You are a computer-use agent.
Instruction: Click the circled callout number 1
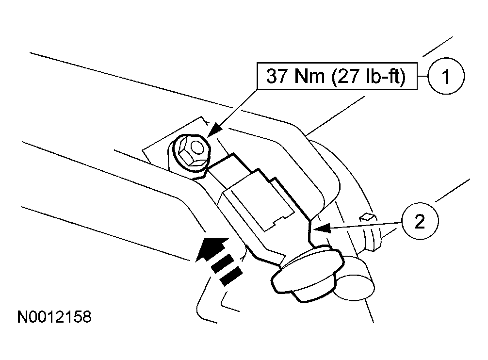click(x=446, y=76)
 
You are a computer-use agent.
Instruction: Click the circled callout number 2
click(x=420, y=222)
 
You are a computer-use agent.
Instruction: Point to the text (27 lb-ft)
click(x=369, y=76)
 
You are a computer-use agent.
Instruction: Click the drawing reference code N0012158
click(x=54, y=317)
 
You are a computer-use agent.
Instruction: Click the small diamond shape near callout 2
click(x=367, y=216)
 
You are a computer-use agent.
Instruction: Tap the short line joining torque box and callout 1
click(x=423, y=76)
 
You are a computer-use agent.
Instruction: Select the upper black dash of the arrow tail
click(x=222, y=263)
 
